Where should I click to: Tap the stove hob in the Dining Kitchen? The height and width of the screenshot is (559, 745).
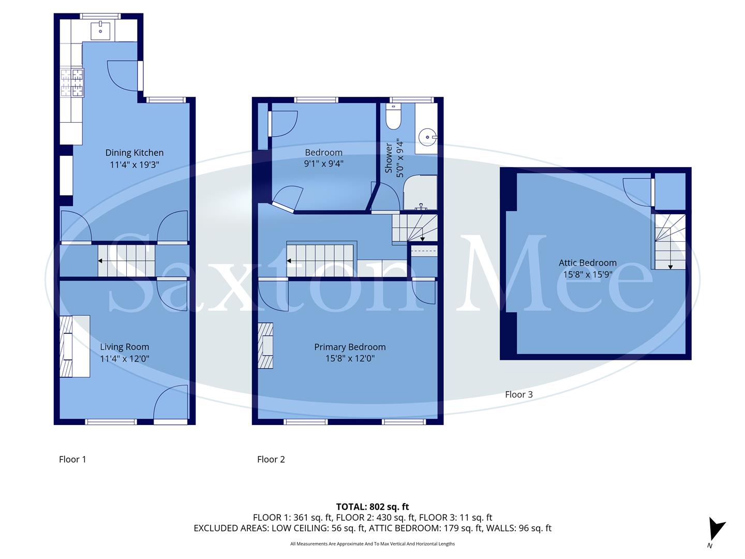tap(72, 83)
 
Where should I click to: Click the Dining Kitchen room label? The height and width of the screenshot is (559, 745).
tap(134, 153)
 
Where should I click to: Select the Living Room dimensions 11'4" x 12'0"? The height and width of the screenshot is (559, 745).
tap(125, 359)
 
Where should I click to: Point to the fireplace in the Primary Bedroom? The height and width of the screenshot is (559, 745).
tap(266, 346)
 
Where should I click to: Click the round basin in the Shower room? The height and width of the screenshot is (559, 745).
tap(428, 138)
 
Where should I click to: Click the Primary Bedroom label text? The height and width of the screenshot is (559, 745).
tap(350, 347)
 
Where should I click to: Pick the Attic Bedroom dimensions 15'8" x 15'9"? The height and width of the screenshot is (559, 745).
tap(587, 275)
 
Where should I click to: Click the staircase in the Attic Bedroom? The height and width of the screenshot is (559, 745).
tap(670, 242)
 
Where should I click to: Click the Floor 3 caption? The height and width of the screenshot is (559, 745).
tap(518, 394)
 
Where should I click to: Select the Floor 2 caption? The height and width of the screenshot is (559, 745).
tap(271, 459)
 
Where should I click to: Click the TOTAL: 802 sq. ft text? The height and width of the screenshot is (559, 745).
tap(373, 507)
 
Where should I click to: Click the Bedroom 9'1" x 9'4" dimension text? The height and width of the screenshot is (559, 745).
tap(323, 164)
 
